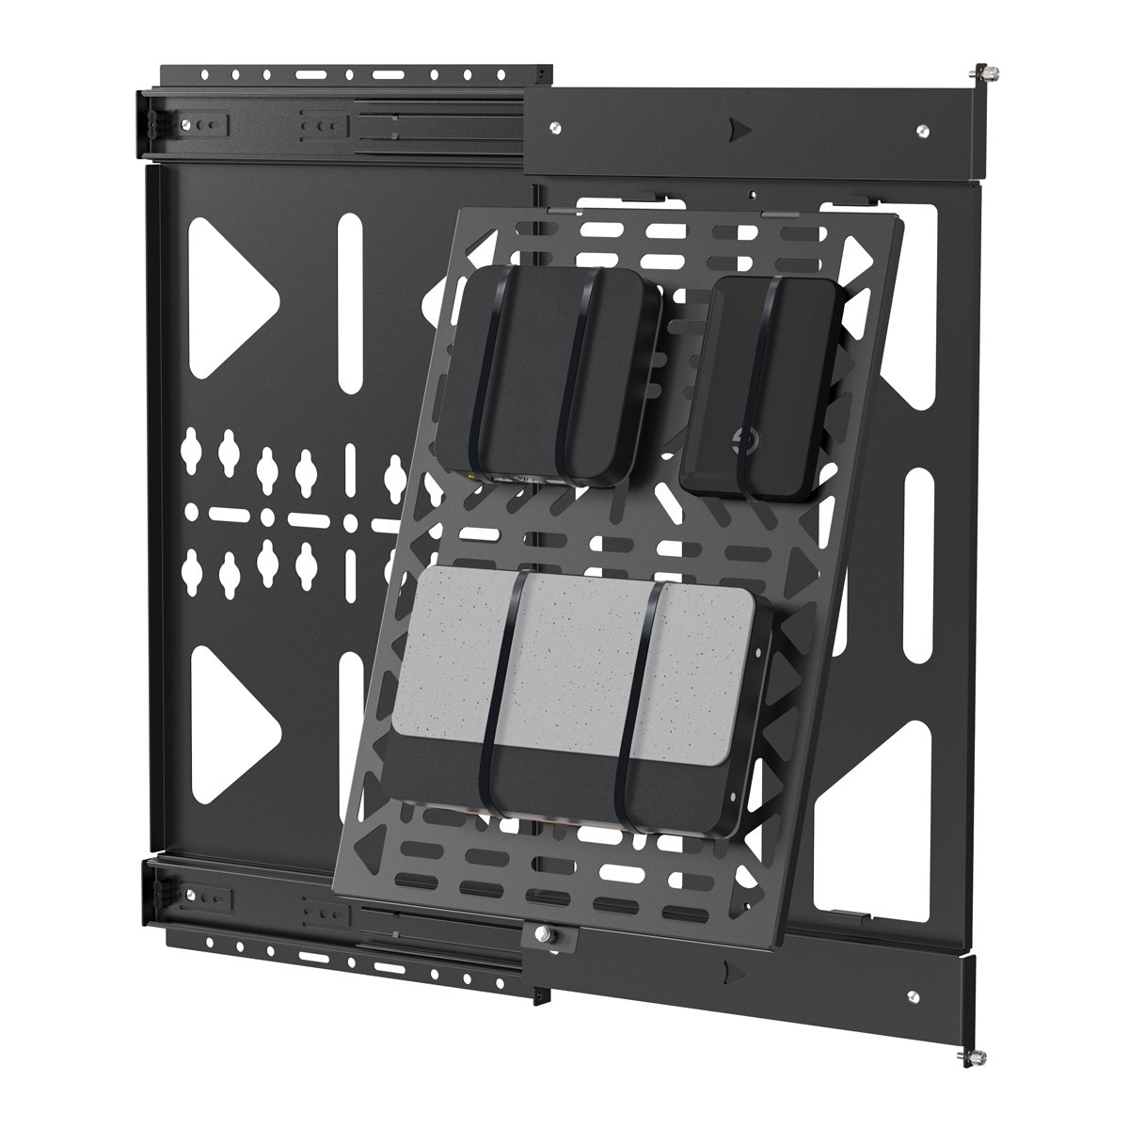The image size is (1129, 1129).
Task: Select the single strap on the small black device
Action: point(764,386)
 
